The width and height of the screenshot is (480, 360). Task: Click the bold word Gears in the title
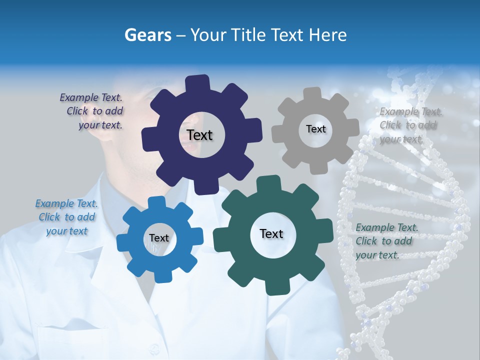(x=148, y=35)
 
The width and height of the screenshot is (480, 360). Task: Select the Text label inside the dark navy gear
(x=199, y=135)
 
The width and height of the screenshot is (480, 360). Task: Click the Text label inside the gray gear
(x=315, y=129)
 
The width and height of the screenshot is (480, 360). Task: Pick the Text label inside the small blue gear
(x=159, y=238)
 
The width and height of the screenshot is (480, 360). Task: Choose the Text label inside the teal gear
(x=271, y=233)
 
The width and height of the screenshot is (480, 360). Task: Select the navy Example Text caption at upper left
(x=93, y=111)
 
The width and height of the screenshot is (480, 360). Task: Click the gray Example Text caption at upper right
(x=410, y=125)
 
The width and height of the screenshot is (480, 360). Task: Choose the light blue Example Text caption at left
(x=66, y=217)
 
